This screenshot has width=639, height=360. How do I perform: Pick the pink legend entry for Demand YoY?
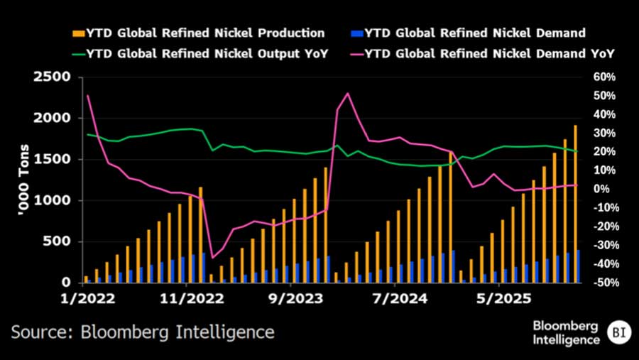pos(490,53)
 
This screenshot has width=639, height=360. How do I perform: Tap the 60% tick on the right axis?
pos(594,77)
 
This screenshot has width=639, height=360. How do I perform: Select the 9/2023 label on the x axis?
pos(294,299)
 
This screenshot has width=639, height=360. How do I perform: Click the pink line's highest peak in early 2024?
pos(347,94)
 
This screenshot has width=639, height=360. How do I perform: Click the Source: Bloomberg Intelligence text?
pos(142,332)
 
